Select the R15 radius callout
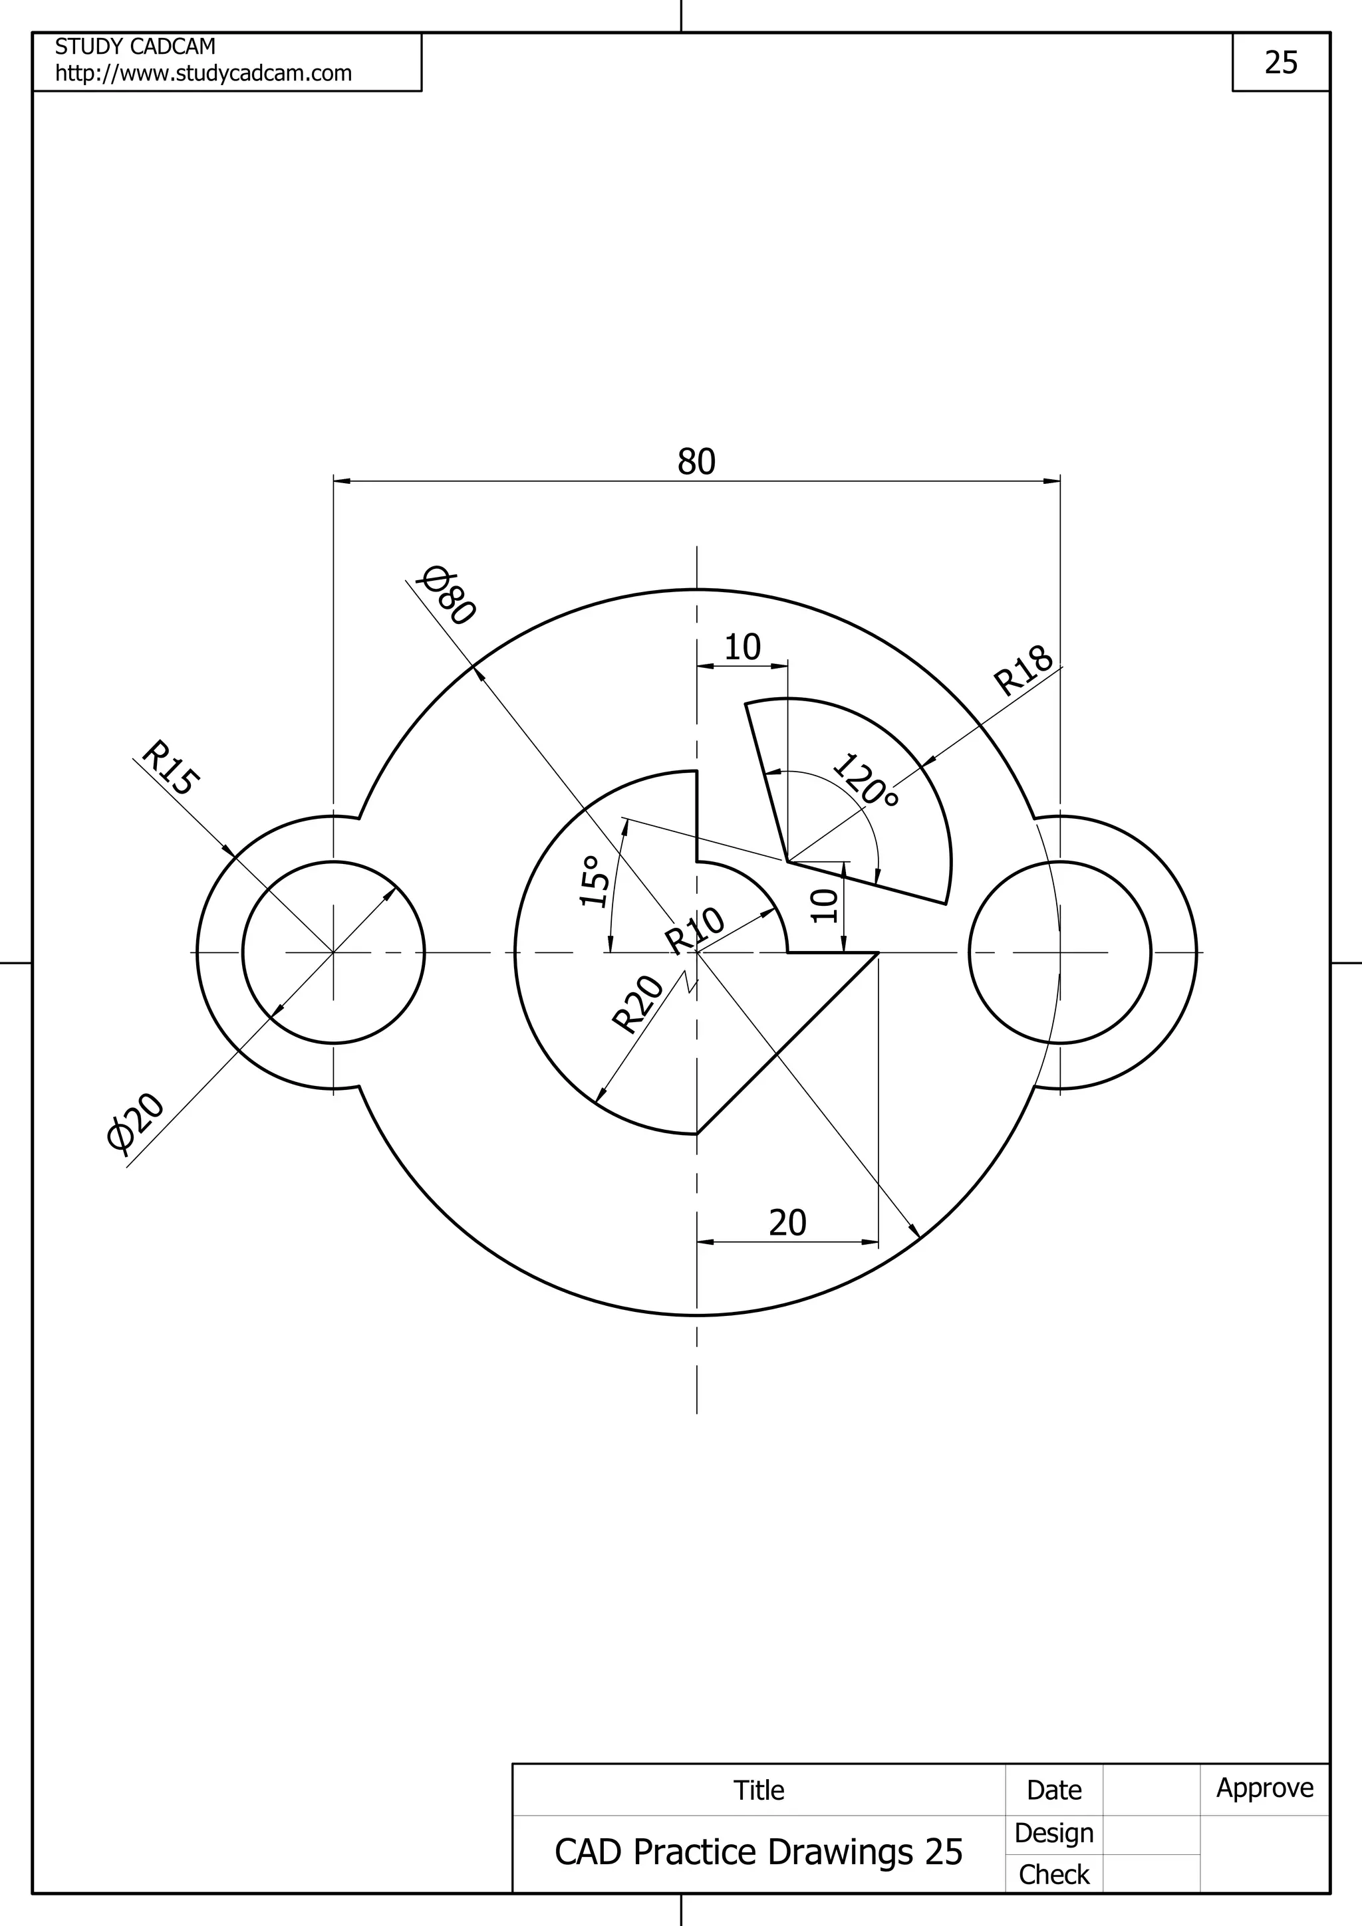pos(170,767)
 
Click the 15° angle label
pos(593,882)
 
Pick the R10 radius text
pos(695,930)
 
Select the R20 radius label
pos(638,1004)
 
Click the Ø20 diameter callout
pos(135,1122)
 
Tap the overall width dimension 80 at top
pos(696,462)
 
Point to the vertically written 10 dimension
pos(826,905)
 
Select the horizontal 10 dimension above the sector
pos(742,647)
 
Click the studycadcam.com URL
pos(203,74)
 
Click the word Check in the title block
pos(1053,1874)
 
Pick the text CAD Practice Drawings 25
pos(757,1852)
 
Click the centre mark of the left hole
pos(334,953)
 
